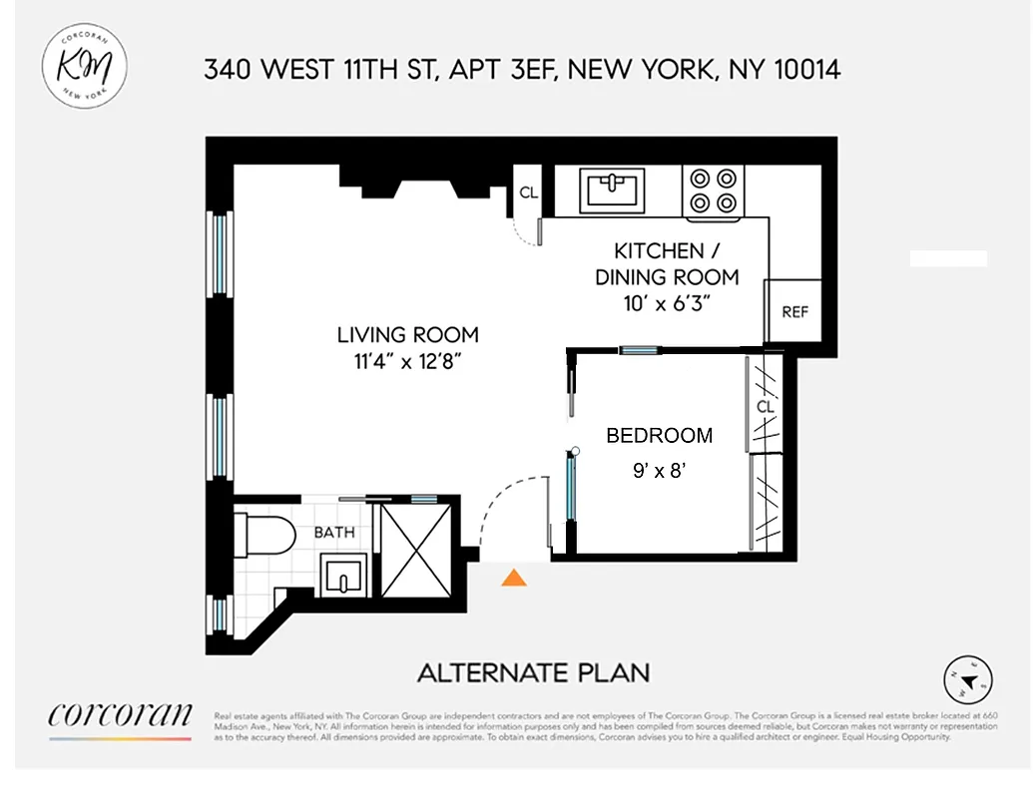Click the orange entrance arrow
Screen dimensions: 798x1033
click(x=514, y=578)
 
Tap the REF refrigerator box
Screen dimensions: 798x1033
click(x=794, y=311)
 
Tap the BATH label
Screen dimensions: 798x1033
click(x=334, y=533)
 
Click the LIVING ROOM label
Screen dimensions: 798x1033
click(x=407, y=335)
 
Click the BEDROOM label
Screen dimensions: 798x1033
click(x=660, y=436)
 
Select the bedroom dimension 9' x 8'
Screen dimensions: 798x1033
click(x=661, y=471)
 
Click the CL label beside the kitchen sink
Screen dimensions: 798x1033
click(x=529, y=193)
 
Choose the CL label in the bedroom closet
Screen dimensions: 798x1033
click(x=766, y=408)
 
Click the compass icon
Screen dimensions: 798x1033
click(x=966, y=680)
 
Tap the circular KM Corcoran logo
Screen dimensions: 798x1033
click(x=85, y=64)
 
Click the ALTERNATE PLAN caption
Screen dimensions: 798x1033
click(x=533, y=673)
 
